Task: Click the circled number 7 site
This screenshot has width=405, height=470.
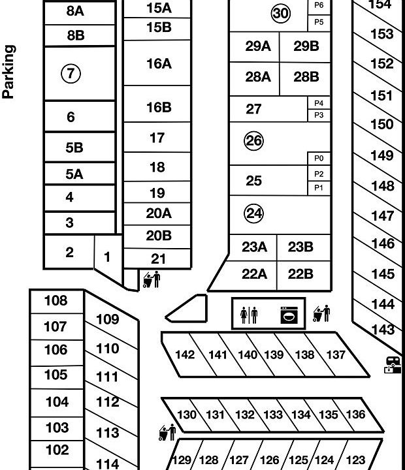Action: [x=71, y=74]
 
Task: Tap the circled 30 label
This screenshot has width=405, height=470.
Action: [x=280, y=14]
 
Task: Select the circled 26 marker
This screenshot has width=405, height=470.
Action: [x=253, y=140]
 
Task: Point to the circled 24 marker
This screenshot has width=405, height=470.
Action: [x=253, y=213]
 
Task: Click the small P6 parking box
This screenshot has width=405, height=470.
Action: [x=319, y=5]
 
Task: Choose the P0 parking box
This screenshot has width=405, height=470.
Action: [x=319, y=159]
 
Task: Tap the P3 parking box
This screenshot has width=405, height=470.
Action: [x=319, y=116]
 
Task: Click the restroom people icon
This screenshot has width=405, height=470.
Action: [x=249, y=315]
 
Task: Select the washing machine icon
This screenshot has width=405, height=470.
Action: [x=289, y=315]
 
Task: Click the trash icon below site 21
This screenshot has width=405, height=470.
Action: [x=152, y=279]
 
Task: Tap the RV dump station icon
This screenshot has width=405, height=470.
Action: [x=393, y=364]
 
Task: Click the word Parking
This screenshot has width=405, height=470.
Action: [x=8, y=71]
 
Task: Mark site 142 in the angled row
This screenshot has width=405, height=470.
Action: [x=186, y=355]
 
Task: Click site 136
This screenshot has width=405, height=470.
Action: [x=355, y=415]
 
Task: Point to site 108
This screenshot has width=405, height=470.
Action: [x=56, y=301]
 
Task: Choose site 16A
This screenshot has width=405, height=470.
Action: [x=159, y=64]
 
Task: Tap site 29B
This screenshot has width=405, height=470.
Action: [x=306, y=46]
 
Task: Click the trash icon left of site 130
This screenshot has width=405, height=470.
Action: [x=168, y=432]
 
